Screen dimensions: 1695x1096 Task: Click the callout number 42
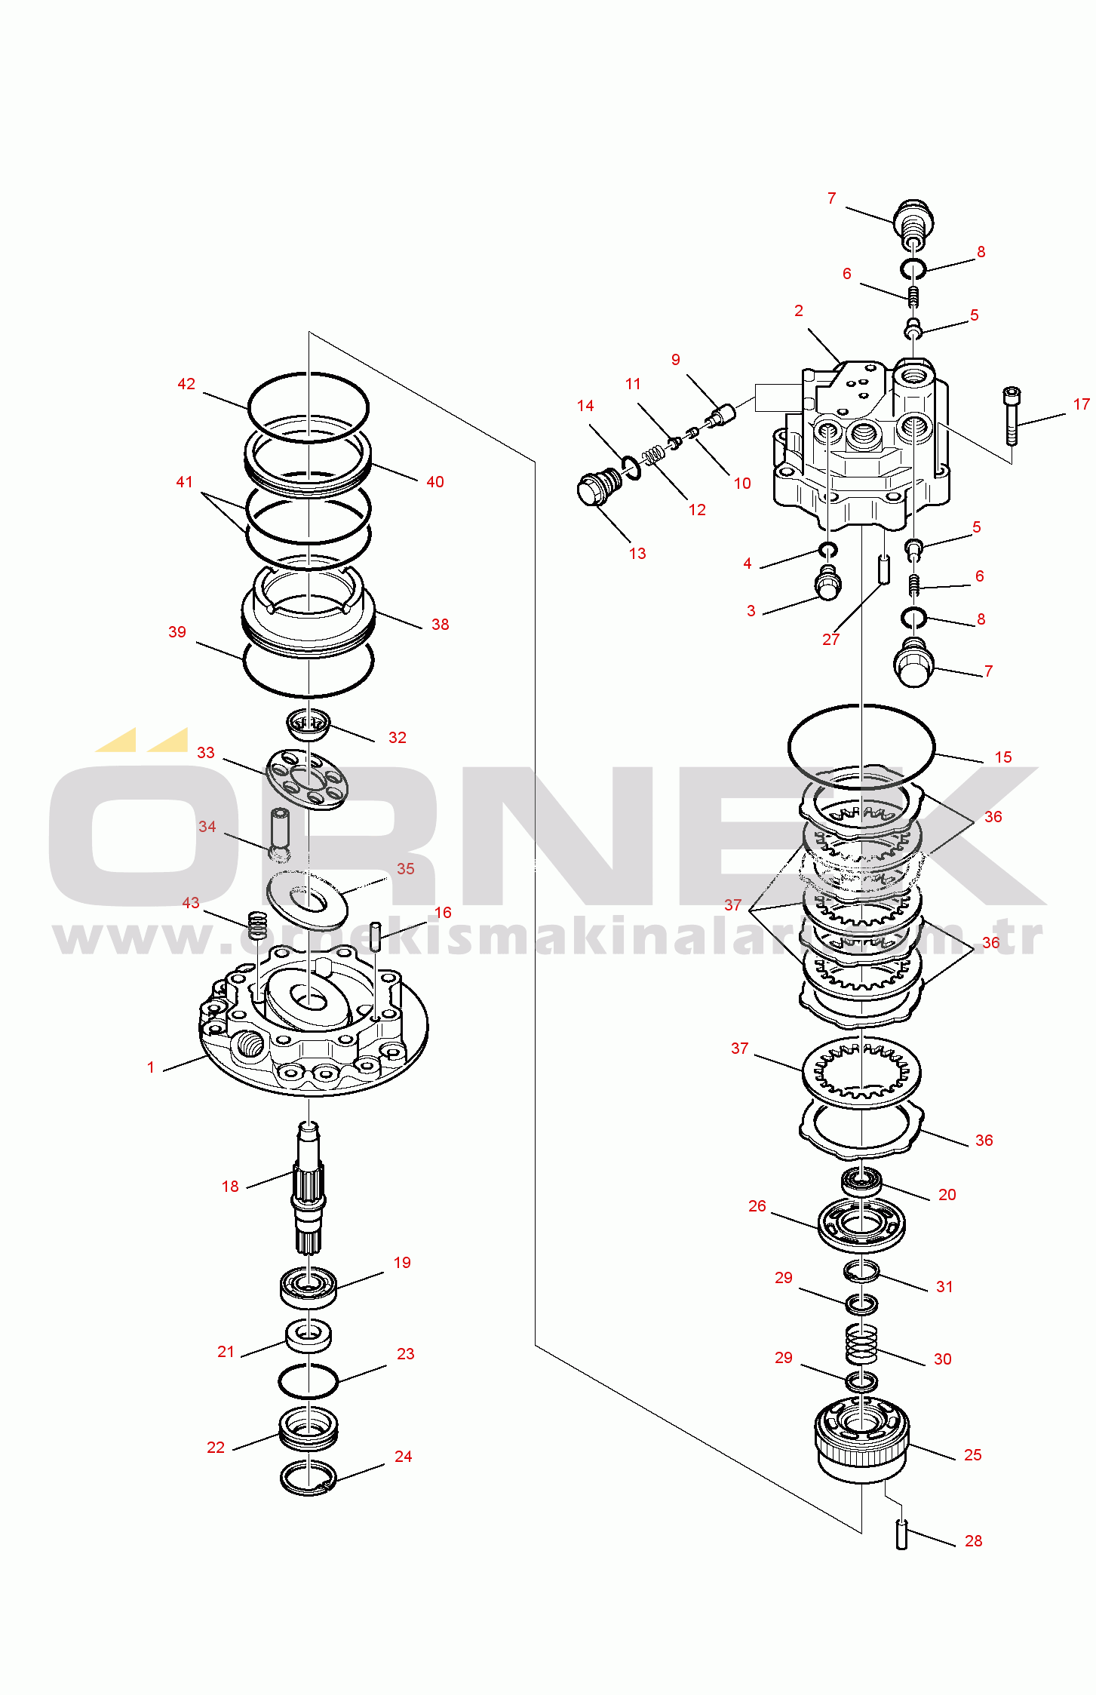186,384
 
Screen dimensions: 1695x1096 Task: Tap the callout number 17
1081,405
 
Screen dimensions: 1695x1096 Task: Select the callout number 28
973,1541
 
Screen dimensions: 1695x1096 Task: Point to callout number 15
1002,757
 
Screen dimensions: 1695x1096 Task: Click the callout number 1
151,1067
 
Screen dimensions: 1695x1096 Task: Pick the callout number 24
403,1457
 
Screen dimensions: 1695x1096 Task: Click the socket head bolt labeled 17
1011,414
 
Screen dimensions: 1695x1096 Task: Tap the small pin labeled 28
901,1534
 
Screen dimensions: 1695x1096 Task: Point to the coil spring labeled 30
861,1343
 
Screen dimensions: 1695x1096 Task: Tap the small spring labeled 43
258,925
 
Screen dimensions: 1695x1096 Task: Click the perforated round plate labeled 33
307,779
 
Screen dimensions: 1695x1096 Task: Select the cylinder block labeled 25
861,1439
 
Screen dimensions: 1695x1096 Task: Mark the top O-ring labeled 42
308,376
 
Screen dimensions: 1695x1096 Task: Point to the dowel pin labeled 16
375,936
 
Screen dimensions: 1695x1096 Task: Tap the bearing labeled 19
308,1286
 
